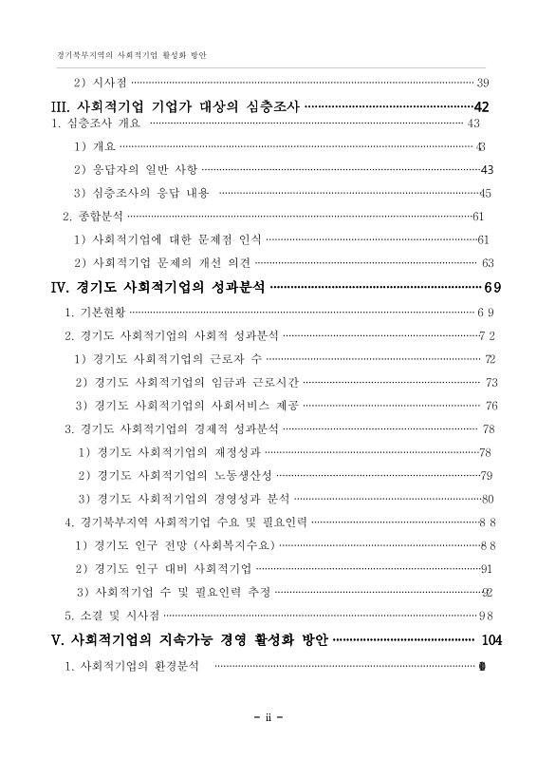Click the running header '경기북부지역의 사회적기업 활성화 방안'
pos(132,54)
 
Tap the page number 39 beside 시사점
pos(482,83)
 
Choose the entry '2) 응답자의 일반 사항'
pos(137,169)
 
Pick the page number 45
pos(484,193)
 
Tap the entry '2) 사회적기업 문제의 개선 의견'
pos(162,262)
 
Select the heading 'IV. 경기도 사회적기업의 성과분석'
pos(159,287)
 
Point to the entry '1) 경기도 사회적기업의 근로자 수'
pos(168,358)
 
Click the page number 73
pos(491,382)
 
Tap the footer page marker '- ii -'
pos(268,716)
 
